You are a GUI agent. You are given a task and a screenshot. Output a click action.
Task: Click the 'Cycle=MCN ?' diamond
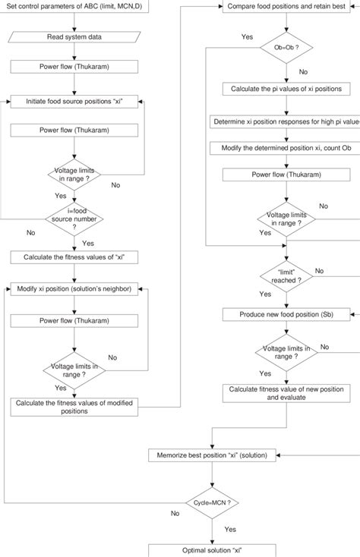pos(212,502)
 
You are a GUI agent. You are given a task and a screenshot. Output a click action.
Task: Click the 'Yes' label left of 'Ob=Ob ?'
pos(248,36)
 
